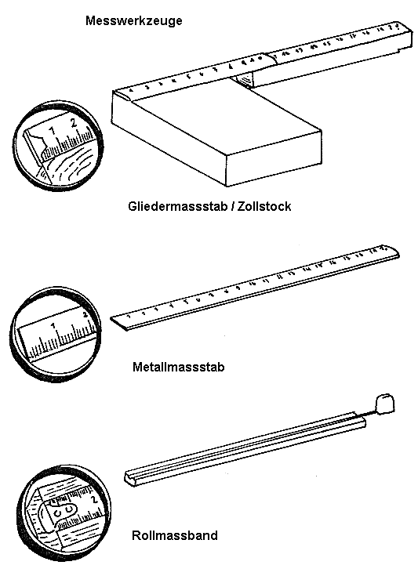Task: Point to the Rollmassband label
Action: [x=176, y=537]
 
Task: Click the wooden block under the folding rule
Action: [x=216, y=133]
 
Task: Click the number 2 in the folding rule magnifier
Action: [x=73, y=124]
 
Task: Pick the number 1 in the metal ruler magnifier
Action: [x=53, y=324]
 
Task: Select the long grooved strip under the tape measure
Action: [x=243, y=451]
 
